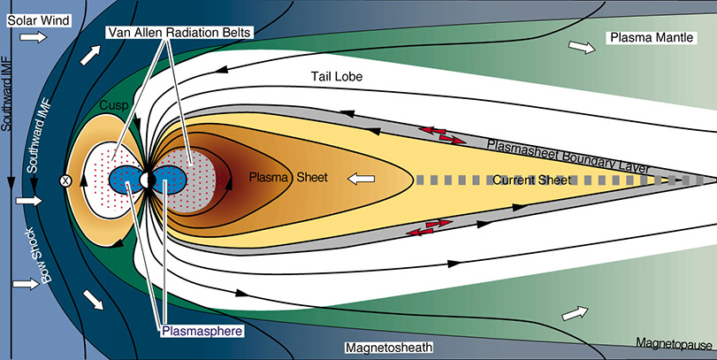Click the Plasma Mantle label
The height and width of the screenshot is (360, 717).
click(x=649, y=37)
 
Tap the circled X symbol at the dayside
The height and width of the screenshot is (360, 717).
click(x=65, y=180)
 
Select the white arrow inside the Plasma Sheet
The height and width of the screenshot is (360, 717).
click(x=361, y=180)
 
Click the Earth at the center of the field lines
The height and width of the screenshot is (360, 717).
click(x=147, y=180)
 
